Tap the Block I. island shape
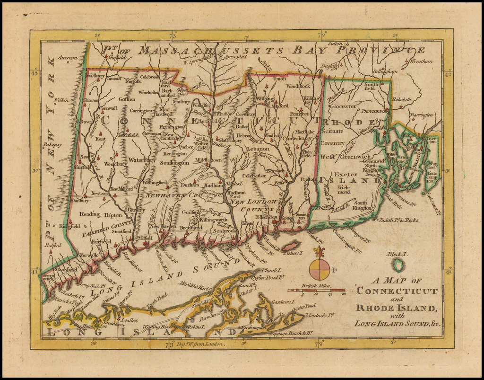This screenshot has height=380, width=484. (x=399, y=265)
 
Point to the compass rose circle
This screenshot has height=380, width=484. (x=320, y=270)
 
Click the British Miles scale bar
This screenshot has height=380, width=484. (x=316, y=289)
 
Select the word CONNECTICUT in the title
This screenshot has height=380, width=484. (x=397, y=291)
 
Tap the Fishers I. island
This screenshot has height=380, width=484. (x=291, y=246)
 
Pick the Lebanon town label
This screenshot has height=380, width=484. (x=258, y=149)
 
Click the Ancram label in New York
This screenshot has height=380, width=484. (x=67, y=58)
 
